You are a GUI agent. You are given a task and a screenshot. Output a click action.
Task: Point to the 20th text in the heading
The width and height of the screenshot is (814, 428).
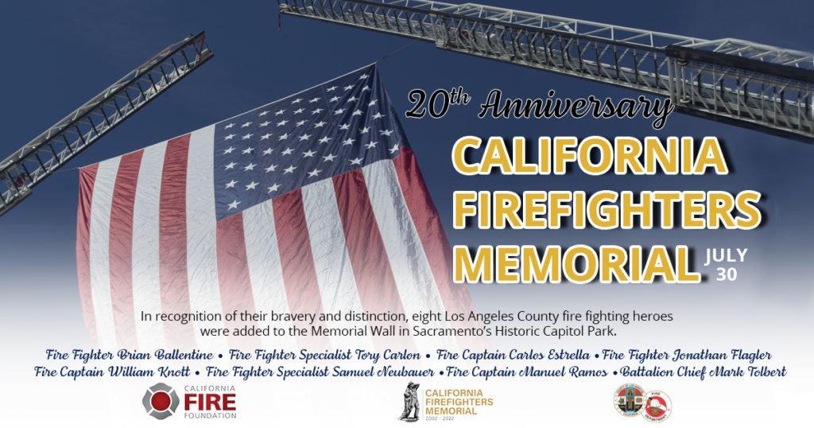[x=436, y=103]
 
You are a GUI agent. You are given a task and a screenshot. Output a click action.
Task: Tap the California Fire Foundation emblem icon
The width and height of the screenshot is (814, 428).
[x=161, y=400]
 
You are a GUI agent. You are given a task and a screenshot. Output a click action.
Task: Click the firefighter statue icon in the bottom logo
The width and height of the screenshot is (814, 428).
[x=409, y=401]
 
